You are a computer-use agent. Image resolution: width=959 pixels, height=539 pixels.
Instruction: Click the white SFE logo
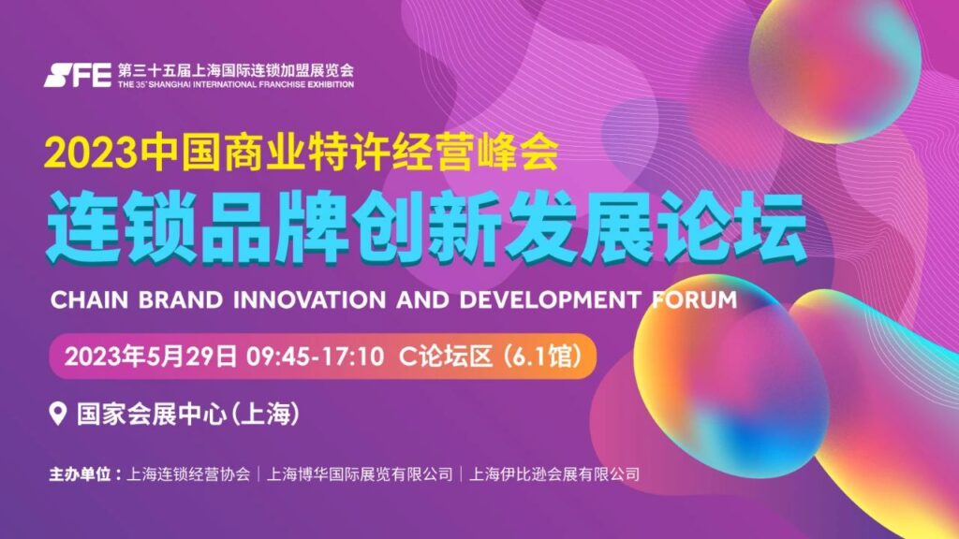[x=78, y=75]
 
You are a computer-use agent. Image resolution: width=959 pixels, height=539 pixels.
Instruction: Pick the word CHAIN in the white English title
[x=89, y=300]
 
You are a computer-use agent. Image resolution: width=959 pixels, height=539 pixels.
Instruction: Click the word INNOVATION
[x=309, y=300]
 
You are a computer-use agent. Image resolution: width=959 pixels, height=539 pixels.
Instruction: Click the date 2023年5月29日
[x=151, y=357]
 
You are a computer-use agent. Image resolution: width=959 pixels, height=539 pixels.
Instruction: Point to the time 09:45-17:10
[x=315, y=357]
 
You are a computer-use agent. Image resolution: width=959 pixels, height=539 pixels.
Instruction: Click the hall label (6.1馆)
[x=542, y=357]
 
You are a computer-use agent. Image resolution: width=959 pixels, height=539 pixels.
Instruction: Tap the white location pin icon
[x=57, y=414]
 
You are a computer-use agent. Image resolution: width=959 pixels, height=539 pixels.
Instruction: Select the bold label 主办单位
[x=81, y=474]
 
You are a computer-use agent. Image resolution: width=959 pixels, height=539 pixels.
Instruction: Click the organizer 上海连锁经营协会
[x=188, y=474]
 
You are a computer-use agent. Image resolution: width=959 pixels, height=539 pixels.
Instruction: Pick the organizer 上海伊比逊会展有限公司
[x=554, y=474]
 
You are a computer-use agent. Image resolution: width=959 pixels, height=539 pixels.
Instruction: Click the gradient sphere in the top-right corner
[x=835, y=68]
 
